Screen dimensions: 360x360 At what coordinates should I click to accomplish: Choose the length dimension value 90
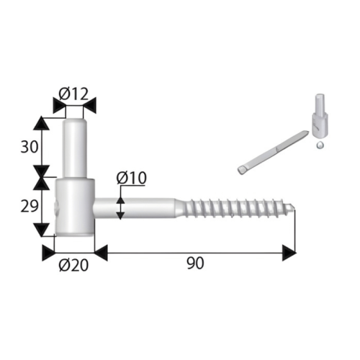(194, 264)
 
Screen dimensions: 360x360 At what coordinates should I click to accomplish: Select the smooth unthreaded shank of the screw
(137, 208)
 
